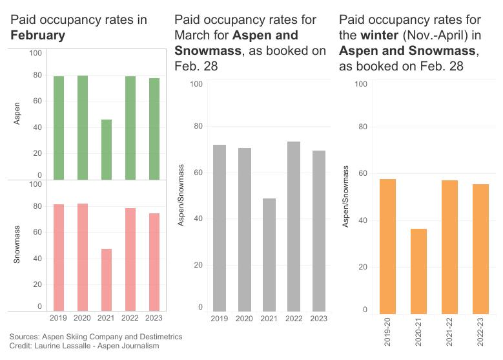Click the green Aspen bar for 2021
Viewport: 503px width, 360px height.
[x=106, y=149]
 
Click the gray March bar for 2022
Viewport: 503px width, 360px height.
[x=294, y=226]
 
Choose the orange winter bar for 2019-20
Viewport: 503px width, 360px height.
[x=387, y=246]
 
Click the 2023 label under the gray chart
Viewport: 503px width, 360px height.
[x=318, y=319]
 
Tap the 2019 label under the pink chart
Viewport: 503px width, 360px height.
[x=59, y=318]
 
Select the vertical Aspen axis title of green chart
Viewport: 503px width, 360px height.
[x=17, y=114]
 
